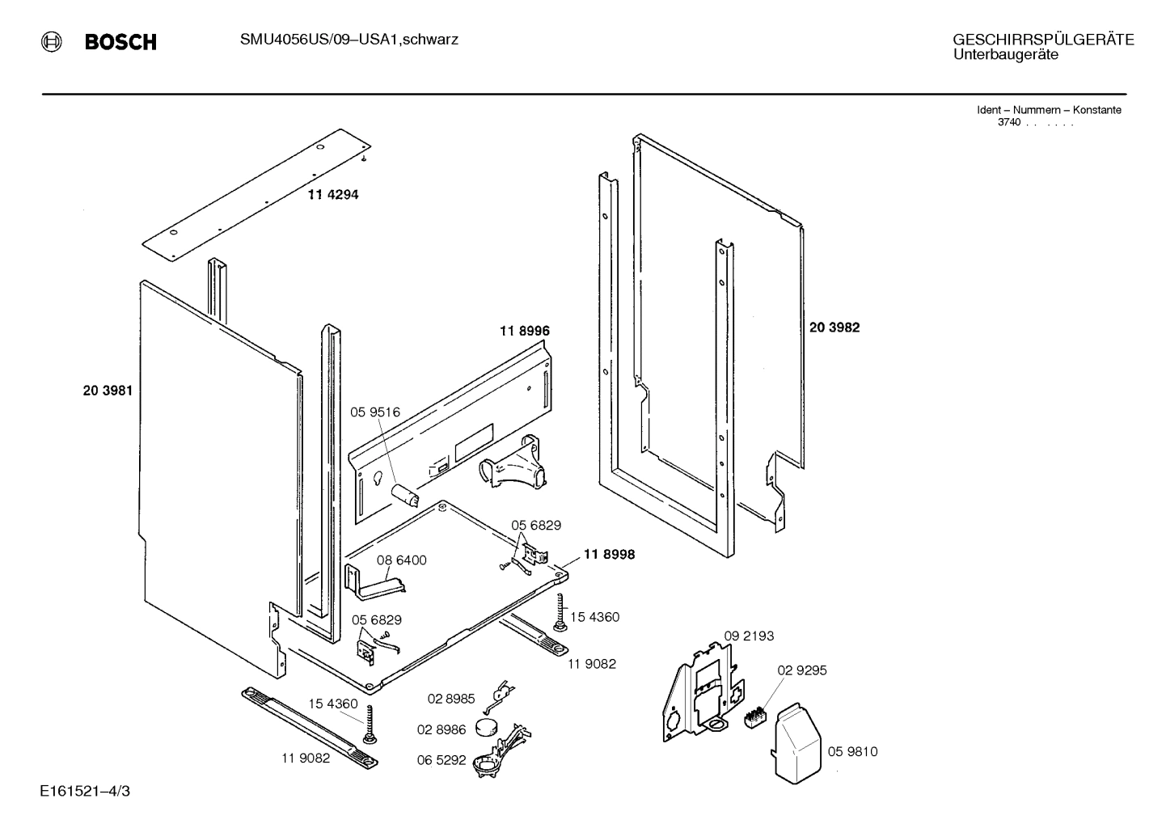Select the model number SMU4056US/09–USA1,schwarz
point(349,39)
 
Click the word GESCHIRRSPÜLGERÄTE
point(1043,40)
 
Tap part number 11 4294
point(332,195)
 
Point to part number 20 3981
point(107,391)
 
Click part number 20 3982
point(834,327)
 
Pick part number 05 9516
point(374,412)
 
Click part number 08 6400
point(401,560)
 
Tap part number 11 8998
point(609,555)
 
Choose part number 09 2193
point(748,636)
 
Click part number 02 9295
point(802,670)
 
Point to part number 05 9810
point(852,752)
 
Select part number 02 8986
point(441,729)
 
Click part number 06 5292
point(441,760)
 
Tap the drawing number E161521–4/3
point(83,791)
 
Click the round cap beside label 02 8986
point(488,726)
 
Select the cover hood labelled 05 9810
point(798,742)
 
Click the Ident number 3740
point(1008,122)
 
